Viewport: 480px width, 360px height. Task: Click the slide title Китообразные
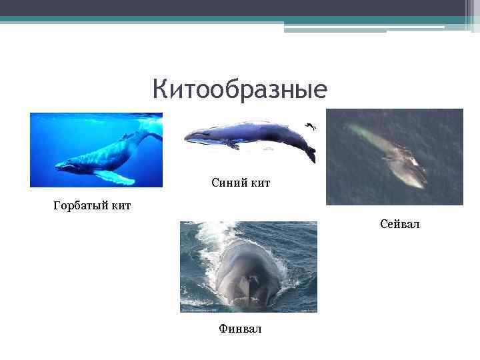[x=239, y=89]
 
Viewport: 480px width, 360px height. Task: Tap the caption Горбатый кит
[x=92, y=205]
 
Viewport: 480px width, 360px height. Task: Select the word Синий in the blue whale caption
[x=225, y=183]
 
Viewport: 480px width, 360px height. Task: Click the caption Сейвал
[x=400, y=225]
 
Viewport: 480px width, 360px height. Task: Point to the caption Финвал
[x=241, y=329]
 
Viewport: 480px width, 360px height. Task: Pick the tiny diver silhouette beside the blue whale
[x=311, y=126]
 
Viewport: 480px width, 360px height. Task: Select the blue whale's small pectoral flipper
[x=232, y=143]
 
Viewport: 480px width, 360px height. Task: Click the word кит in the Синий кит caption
[x=259, y=183]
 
